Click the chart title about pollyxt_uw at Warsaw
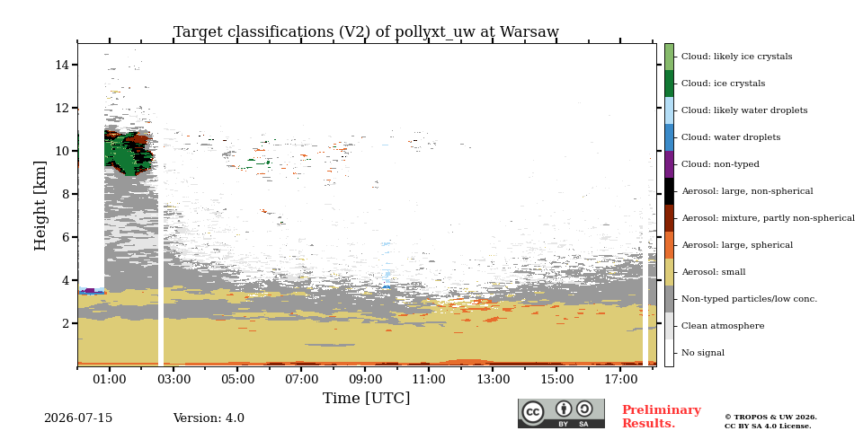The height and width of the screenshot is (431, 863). tap(366, 32)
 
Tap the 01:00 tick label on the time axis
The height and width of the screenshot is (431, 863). tap(110, 379)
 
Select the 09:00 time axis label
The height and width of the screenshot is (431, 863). tap(365, 379)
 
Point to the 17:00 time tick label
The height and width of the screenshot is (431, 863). tap(620, 379)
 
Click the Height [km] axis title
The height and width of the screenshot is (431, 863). tap(40, 206)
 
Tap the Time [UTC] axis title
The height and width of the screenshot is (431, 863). tap(366, 398)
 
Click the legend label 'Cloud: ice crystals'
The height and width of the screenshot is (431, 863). tap(723, 84)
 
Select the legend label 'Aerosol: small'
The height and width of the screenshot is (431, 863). tap(714, 272)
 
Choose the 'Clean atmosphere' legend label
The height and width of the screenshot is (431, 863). tap(723, 326)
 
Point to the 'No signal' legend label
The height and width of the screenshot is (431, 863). tap(703, 353)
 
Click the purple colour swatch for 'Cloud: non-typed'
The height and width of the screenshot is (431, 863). tap(669, 164)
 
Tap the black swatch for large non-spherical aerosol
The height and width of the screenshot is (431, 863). tap(669, 191)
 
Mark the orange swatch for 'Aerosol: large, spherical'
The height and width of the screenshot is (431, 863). tap(669, 245)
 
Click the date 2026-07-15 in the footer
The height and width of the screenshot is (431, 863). tap(78, 418)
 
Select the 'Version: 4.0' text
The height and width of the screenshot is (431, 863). tap(209, 418)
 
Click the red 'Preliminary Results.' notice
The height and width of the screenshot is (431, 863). tap(662, 417)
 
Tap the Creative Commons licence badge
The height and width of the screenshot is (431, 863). tap(561, 413)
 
